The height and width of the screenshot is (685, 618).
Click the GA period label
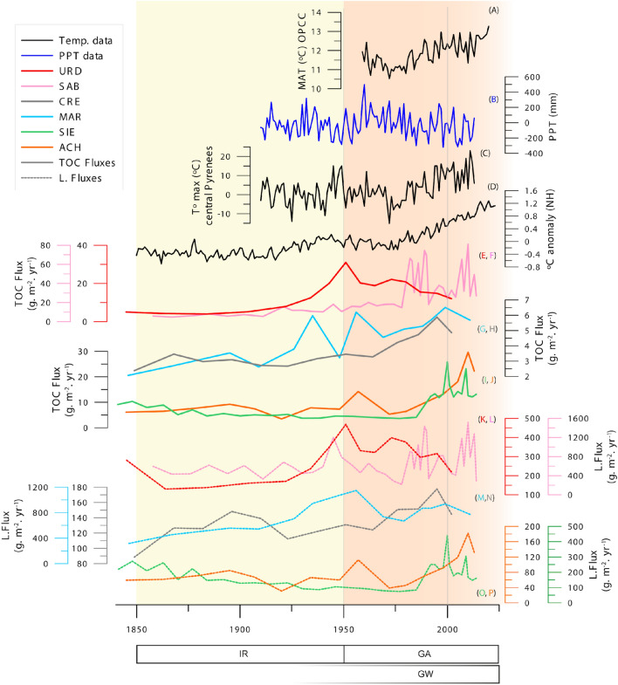[421, 654]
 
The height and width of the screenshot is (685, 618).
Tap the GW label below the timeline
[421, 675]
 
